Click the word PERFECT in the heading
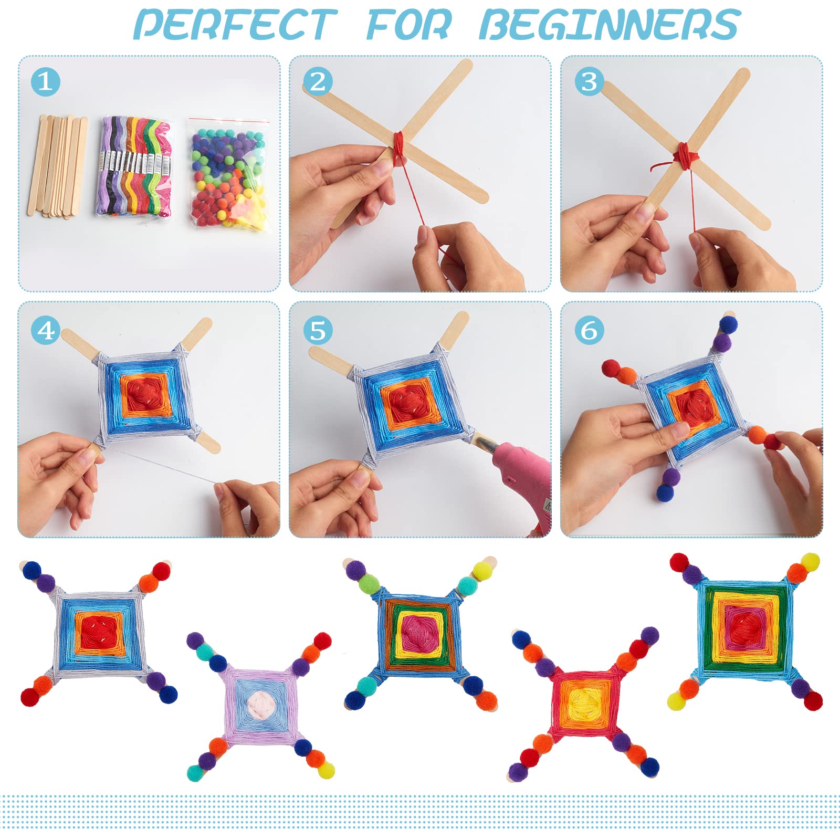coord(235,25)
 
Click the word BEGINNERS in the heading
coord(609,25)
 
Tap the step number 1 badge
coord(45,82)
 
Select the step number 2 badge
coord(318,82)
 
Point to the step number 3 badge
coord(589,82)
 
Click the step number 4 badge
coord(46,331)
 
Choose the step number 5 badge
coord(318,331)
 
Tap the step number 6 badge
coord(589,331)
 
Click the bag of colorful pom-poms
coord(227,176)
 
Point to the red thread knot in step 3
coord(685,154)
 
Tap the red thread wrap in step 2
coord(401,144)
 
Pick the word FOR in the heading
coord(408,25)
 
